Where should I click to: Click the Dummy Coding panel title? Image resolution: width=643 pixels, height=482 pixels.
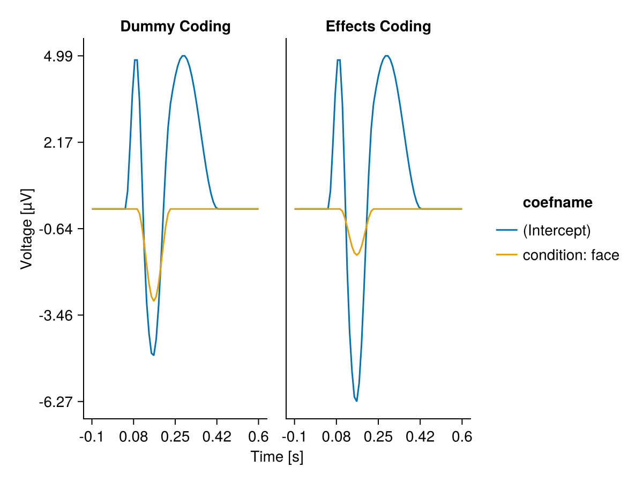pyautogui.click(x=175, y=26)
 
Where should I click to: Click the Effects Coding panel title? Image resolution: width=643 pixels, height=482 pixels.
pyautogui.click(x=378, y=26)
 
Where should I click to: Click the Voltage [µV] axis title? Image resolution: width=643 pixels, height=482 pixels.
pyautogui.click(x=26, y=229)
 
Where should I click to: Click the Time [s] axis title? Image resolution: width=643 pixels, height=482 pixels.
pyautogui.click(x=277, y=457)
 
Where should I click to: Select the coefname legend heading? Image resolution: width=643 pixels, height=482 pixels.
pyautogui.click(x=557, y=202)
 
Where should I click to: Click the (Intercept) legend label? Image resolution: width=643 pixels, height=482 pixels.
pyautogui.click(x=556, y=230)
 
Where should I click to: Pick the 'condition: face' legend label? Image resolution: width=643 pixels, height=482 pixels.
pyautogui.click(x=571, y=255)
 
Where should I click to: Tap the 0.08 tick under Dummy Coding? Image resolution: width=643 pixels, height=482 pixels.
pyautogui.click(x=133, y=437)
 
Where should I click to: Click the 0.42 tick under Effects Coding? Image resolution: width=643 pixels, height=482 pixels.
pyautogui.click(x=420, y=437)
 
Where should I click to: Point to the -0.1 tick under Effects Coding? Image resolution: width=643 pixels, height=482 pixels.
pyautogui.click(x=294, y=437)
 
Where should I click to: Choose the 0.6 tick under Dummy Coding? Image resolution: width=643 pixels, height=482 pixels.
pyautogui.click(x=258, y=437)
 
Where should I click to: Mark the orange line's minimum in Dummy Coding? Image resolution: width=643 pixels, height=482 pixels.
pyautogui.click(x=154, y=300)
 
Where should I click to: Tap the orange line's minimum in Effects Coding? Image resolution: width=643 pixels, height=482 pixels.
pyautogui.click(x=356, y=255)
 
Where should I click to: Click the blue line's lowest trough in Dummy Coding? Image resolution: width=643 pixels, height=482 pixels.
pyautogui.click(x=154, y=355)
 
